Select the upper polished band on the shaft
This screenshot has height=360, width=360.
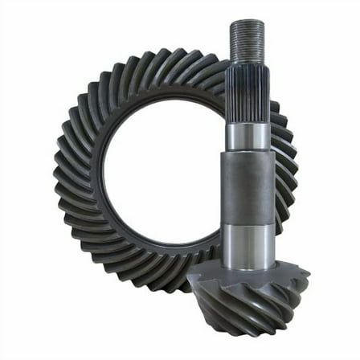click(247, 137)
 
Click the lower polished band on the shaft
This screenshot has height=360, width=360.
click(248, 244)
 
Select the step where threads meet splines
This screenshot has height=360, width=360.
click(246, 65)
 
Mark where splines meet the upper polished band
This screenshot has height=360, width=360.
click(247, 124)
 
